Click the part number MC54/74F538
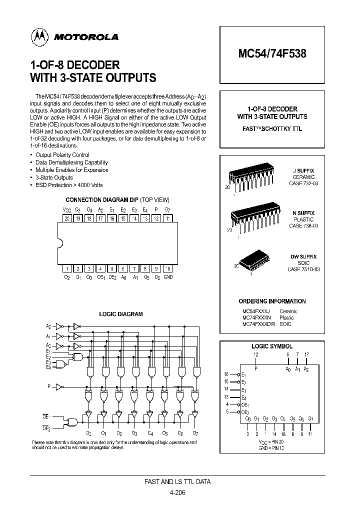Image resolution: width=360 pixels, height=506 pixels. (272, 54)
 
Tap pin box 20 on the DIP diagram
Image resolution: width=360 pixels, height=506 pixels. (67, 218)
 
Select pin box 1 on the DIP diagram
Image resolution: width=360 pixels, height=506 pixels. (67, 268)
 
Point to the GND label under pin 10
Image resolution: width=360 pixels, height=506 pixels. (168, 277)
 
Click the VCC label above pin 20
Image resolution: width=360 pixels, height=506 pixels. (67, 210)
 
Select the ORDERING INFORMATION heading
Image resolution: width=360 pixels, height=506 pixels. (272, 301)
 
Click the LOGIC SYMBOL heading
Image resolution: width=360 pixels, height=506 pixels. (272, 346)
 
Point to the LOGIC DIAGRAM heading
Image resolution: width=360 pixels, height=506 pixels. (121, 314)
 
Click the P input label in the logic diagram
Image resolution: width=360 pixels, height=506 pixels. (49, 386)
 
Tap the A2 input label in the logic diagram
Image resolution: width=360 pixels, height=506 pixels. (48, 325)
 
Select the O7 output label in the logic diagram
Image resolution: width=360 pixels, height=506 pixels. (195, 433)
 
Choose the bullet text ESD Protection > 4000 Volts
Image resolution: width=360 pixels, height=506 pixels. (69, 185)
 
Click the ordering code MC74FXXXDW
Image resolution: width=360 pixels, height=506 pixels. (259, 324)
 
